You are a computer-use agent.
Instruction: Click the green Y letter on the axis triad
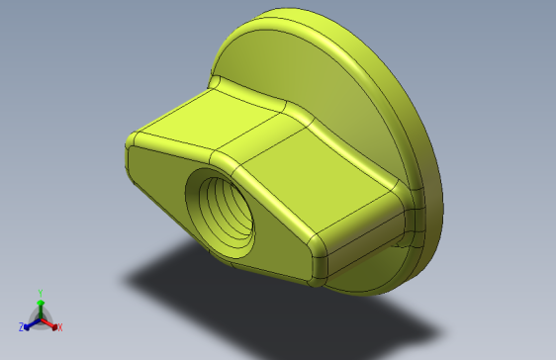40,292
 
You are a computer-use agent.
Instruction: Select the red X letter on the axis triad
59,326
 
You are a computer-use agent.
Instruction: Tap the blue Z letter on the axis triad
21,326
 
